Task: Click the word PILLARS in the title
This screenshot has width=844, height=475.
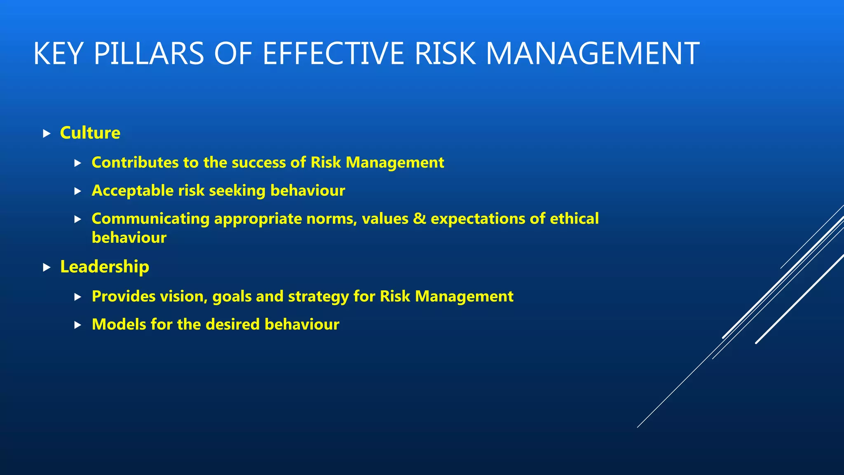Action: pos(149,54)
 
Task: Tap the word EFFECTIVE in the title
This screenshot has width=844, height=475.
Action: pos(333,54)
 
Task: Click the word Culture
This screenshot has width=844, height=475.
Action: pos(90,133)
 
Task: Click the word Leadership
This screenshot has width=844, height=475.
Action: pos(104,267)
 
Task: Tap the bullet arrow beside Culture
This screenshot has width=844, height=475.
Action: pos(47,134)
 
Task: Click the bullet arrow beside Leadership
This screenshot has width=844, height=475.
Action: pos(47,268)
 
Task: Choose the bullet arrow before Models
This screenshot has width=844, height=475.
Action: pos(78,325)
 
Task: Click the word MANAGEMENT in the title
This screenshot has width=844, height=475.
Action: pos(592,54)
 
